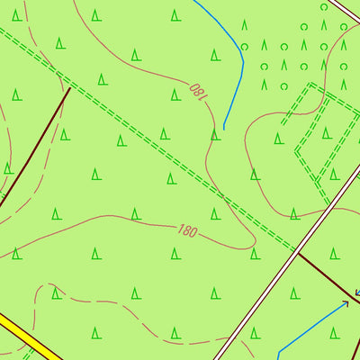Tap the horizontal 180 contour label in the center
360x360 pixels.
(x=187, y=231)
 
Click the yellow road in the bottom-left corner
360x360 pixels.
(x=27, y=337)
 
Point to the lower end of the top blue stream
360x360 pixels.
(x=224, y=128)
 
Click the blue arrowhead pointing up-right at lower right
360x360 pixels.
(x=346, y=303)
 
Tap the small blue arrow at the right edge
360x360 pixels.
(x=356, y=292)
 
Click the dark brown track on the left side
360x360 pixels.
(x=36, y=148)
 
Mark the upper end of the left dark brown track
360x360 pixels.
(x=70, y=87)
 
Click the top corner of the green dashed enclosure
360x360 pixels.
(x=310, y=85)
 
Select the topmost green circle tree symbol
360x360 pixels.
(x=323, y=7)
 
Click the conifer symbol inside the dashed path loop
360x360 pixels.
(x=55, y=293)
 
